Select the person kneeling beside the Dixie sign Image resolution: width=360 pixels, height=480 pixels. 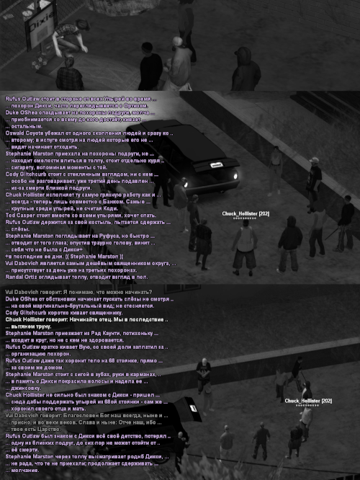70,71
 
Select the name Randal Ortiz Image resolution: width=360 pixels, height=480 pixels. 23,276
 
